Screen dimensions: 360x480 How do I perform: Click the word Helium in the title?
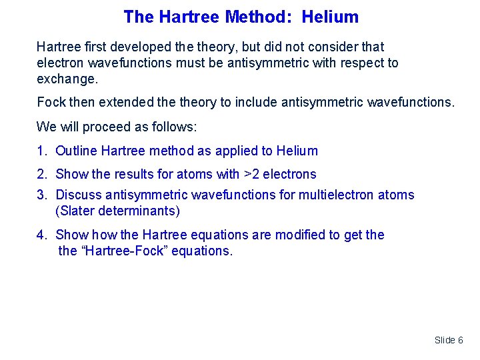(x=330, y=17)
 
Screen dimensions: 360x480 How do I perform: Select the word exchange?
(x=67, y=79)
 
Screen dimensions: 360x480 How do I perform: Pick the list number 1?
(x=41, y=151)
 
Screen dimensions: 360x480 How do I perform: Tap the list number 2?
(x=41, y=174)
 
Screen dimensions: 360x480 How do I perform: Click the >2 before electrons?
(x=251, y=174)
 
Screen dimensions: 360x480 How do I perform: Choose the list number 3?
(x=41, y=195)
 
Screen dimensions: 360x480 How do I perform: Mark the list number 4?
(x=41, y=235)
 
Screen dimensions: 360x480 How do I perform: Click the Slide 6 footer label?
(x=449, y=340)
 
